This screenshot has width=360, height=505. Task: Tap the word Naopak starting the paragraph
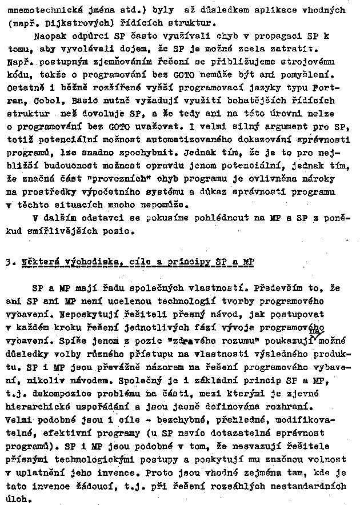click(x=48, y=36)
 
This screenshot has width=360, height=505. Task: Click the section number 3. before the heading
click(x=7, y=262)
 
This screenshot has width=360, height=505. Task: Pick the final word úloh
click(x=17, y=498)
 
